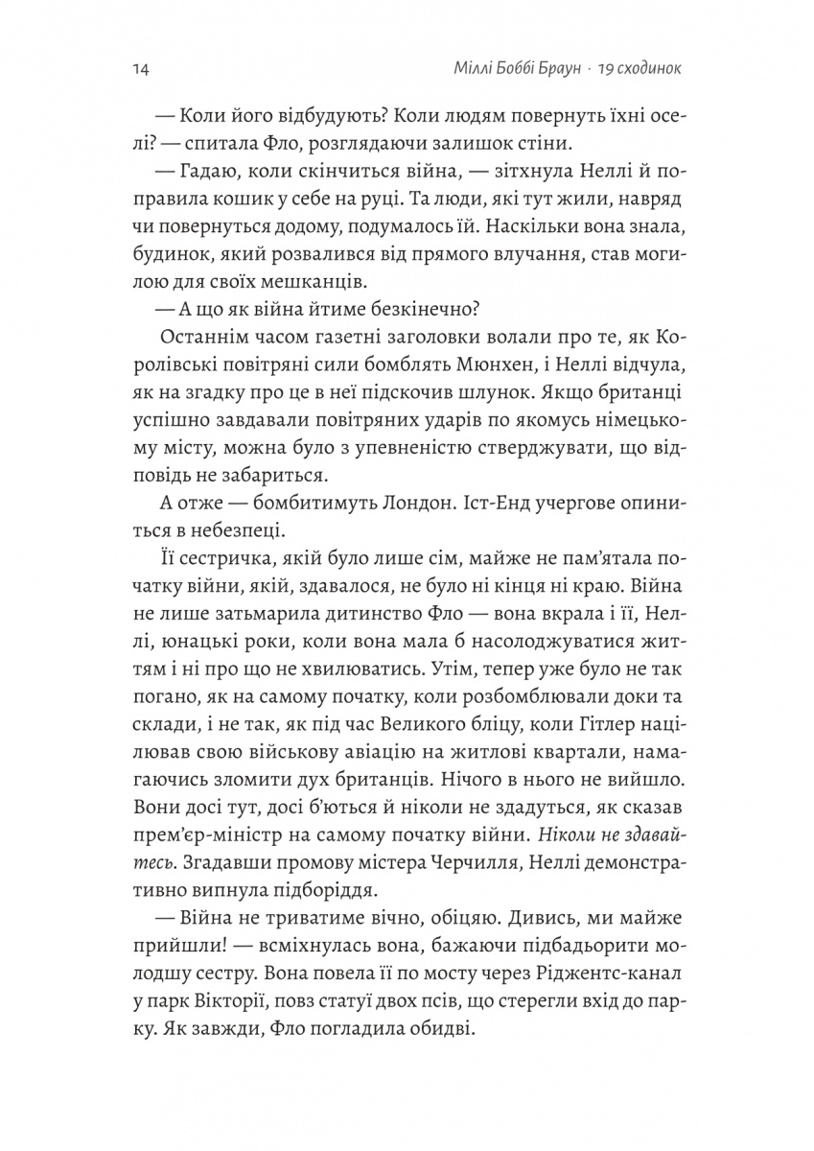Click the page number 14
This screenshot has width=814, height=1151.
pos(134,69)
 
